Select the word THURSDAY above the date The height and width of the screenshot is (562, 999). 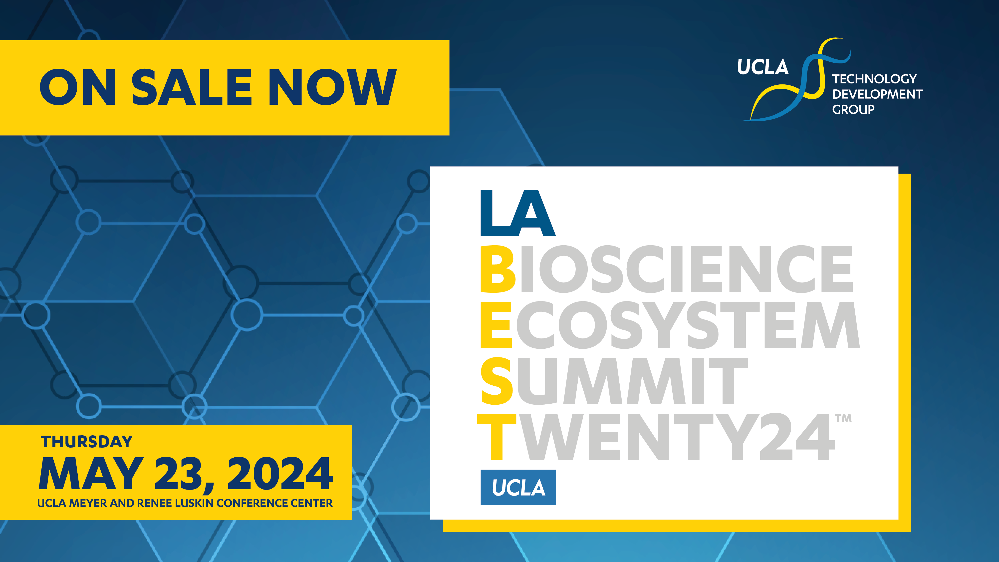[x=87, y=442]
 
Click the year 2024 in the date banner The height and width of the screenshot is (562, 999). [x=280, y=474]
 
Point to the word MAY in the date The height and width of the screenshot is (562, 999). [x=91, y=474]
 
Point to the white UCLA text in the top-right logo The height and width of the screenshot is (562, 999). [x=762, y=67]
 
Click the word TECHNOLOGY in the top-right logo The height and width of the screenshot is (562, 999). [x=874, y=79]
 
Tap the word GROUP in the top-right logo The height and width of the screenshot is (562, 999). [x=853, y=109]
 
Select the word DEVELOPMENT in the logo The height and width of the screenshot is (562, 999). [x=877, y=94]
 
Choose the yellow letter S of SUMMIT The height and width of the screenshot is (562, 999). [x=497, y=381]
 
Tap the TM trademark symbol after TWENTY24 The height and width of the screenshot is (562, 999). [x=843, y=418]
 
